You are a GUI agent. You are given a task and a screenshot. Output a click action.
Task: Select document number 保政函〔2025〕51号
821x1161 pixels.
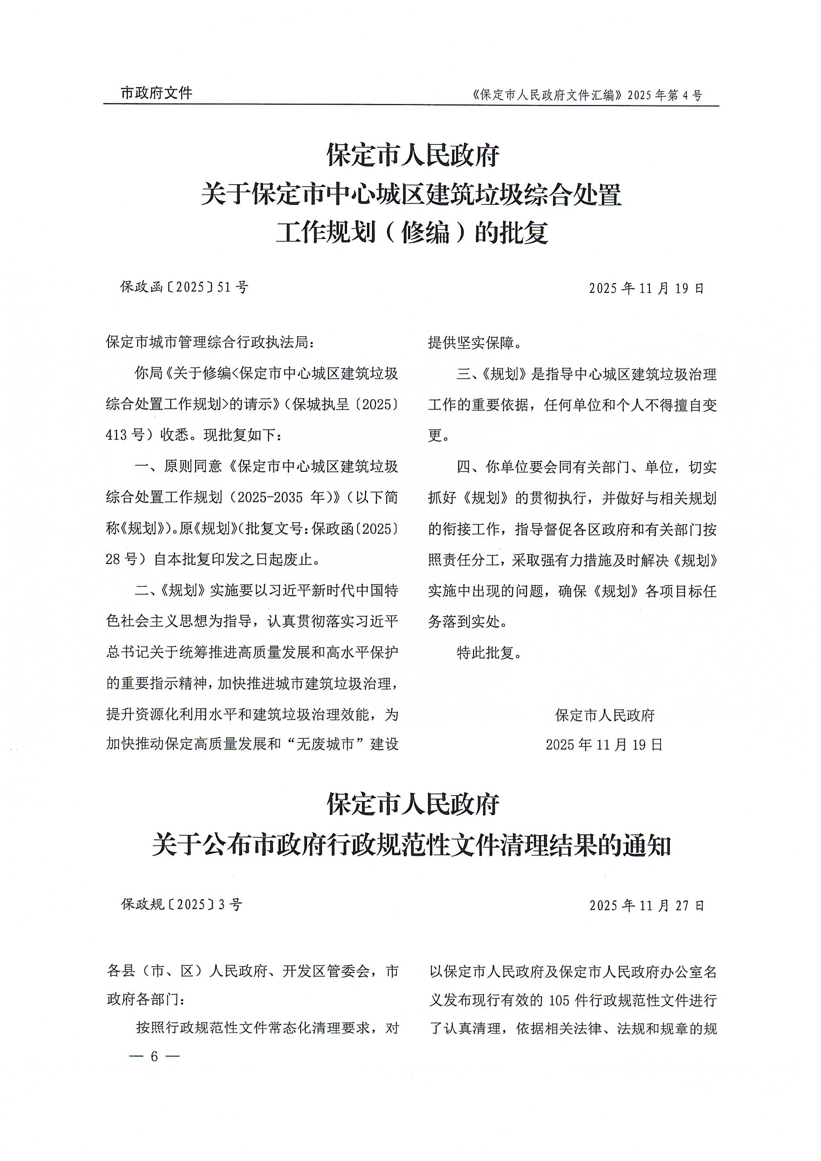184,287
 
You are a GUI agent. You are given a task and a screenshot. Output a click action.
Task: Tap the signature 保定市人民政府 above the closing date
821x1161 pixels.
605,715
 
